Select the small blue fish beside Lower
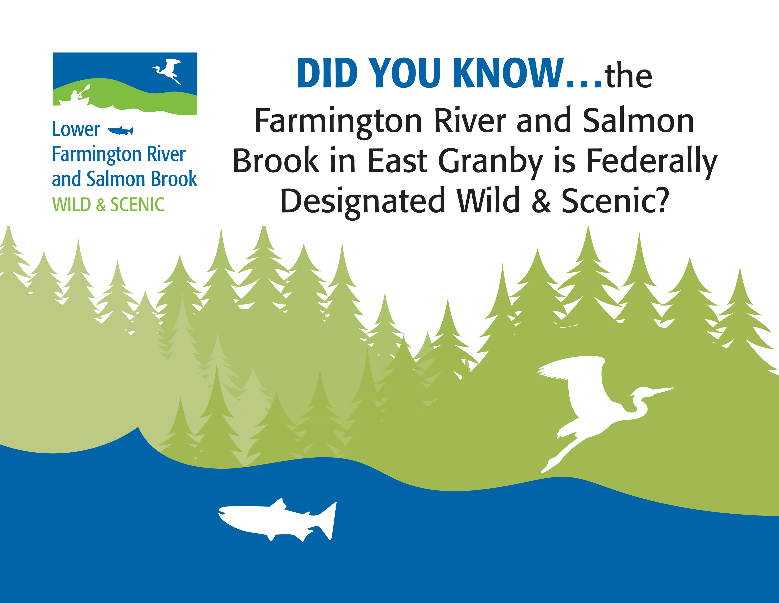(121, 131)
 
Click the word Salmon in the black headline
(638, 121)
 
